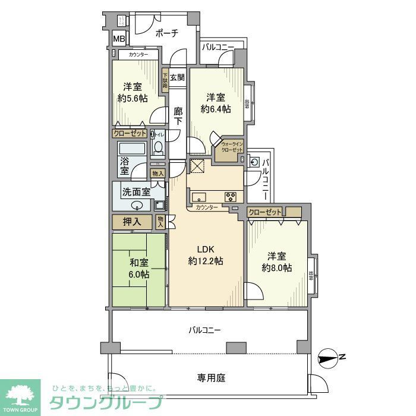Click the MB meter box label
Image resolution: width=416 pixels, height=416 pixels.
point(119,40)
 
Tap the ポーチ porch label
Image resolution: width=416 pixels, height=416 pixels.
point(167,33)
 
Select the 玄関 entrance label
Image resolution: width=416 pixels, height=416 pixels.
point(177,77)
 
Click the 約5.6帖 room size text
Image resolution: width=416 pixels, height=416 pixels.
point(133,99)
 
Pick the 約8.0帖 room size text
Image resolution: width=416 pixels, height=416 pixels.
point(276,268)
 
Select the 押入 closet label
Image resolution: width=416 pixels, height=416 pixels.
point(132,222)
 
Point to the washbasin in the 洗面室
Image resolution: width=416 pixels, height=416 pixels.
point(137,206)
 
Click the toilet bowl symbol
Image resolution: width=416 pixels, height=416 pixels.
point(158,147)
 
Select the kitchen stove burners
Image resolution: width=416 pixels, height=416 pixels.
point(230,197)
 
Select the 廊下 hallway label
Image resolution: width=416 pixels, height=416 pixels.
point(178,116)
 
